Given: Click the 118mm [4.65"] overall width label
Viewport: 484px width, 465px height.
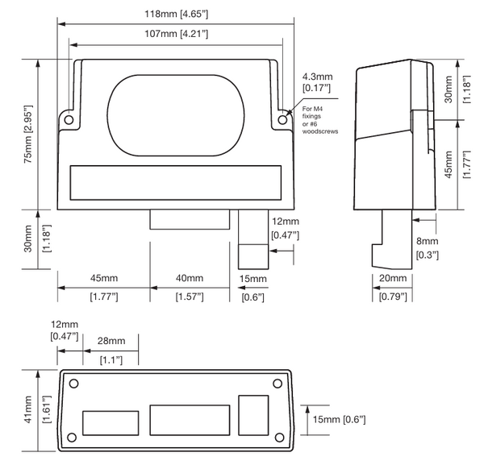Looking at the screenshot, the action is pyautogui.click(x=176, y=15).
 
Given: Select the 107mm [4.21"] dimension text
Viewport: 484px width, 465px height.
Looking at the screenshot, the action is pyautogui.click(x=176, y=34).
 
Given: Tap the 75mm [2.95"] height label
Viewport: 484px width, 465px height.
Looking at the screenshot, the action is pyautogui.click(x=28, y=134).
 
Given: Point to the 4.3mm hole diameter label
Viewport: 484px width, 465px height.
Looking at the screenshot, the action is pyautogui.click(x=317, y=82).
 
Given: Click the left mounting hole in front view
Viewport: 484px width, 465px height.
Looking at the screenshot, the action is pyautogui.click(x=69, y=119).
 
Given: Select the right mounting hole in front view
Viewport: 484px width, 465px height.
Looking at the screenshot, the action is pyautogui.click(x=282, y=119).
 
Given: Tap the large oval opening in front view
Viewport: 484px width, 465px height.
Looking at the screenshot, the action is pyautogui.click(x=176, y=115).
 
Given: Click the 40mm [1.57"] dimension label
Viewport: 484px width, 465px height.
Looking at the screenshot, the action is pyautogui.click(x=190, y=288).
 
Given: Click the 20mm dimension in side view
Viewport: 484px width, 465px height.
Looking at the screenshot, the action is pyautogui.click(x=393, y=287).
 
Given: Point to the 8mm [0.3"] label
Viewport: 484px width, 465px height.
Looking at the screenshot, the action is pyautogui.click(x=428, y=248).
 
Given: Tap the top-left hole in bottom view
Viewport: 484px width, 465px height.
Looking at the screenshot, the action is pyautogui.click(x=73, y=384).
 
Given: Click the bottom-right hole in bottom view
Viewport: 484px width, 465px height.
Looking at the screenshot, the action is pyautogui.click(x=279, y=438).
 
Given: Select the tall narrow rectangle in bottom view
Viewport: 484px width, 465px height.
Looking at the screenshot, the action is pyautogui.click(x=253, y=415).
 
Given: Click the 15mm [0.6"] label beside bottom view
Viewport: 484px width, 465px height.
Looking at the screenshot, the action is pyautogui.click(x=340, y=419).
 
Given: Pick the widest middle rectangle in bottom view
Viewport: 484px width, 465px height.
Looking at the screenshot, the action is pyautogui.click(x=190, y=420).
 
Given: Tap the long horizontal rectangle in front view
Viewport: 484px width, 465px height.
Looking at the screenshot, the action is pyautogui.click(x=176, y=183).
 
